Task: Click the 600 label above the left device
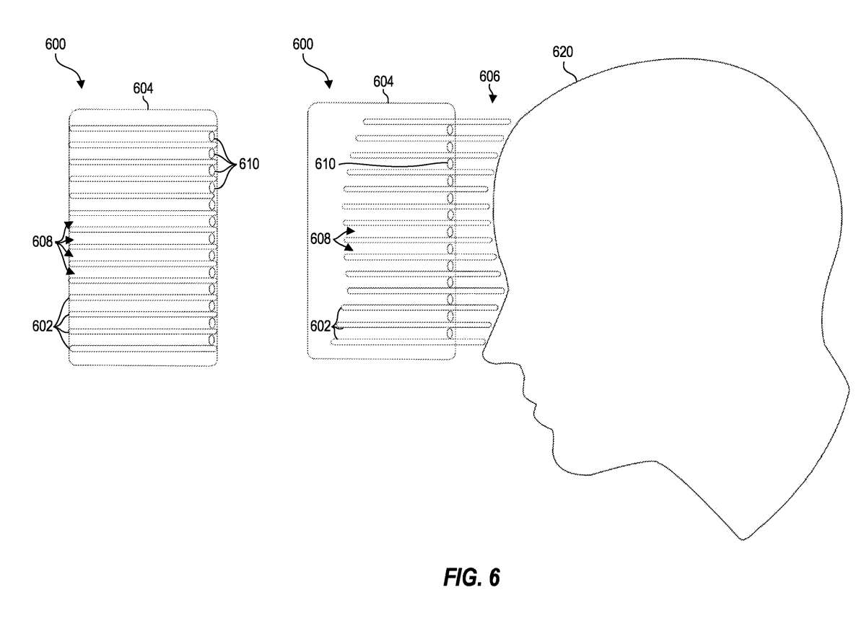(55, 44)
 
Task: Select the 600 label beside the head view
(302, 44)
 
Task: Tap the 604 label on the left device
(143, 89)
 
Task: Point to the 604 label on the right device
(383, 82)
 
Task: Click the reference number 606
(489, 76)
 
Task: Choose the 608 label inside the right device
(320, 238)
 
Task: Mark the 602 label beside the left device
(42, 326)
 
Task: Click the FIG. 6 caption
(471, 578)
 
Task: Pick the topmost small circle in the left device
(212, 136)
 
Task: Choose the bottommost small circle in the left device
(212, 339)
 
